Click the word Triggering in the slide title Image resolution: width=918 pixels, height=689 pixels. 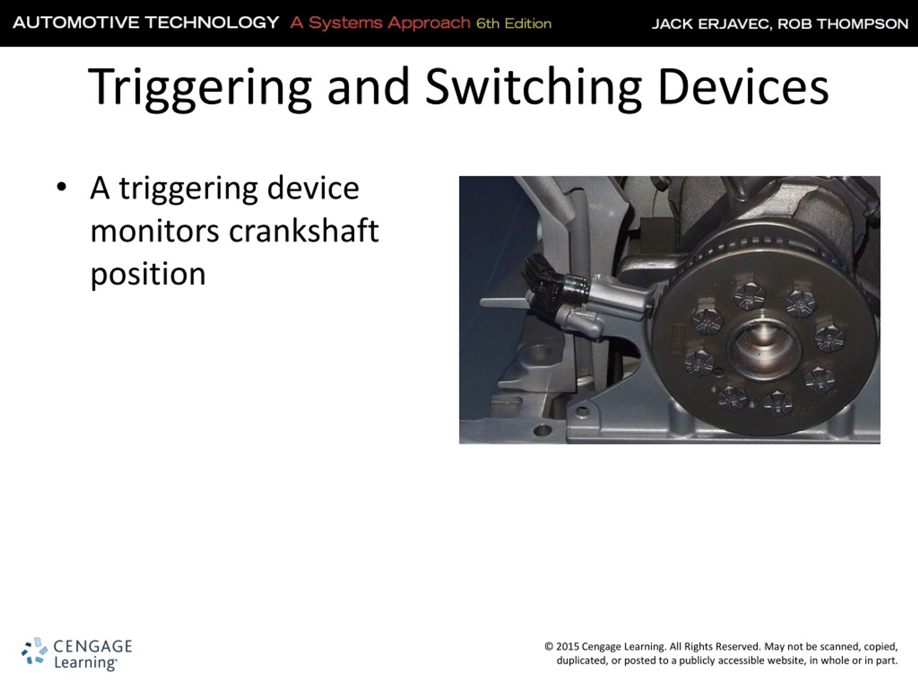point(199,88)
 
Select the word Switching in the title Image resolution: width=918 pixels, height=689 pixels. point(533,88)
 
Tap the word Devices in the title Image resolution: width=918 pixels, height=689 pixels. point(743,88)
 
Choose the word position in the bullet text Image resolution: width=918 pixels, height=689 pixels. point(148,275)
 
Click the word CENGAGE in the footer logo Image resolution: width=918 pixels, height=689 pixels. point(93,646)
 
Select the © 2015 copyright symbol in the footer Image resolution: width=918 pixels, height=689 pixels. point(549,647)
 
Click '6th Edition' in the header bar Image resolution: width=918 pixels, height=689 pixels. point(514,24)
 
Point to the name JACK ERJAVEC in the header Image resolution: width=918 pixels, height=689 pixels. point(710,24)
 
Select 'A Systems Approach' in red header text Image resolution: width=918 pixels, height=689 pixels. point(380,23)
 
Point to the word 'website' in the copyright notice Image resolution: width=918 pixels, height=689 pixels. point(786,661)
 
